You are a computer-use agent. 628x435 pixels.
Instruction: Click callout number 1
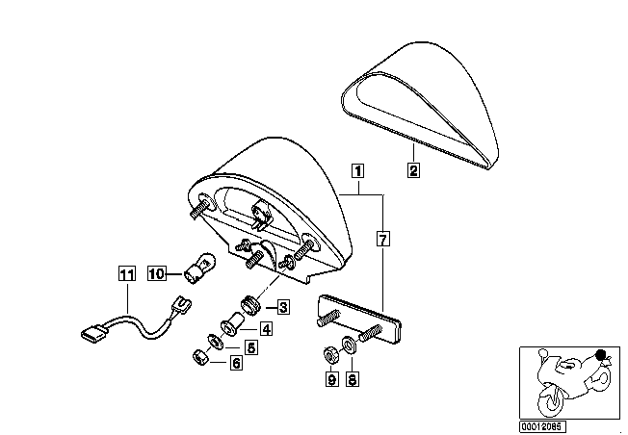tap(357, 170)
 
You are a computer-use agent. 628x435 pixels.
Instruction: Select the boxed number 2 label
tap(414, 170)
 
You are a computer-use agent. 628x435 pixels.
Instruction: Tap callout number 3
tap(283, 307)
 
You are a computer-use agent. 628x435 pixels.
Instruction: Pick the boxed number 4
tap(267, 329)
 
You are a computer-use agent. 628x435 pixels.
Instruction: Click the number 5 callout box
tap(250, 347)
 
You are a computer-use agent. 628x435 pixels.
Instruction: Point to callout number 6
tap(236, 363)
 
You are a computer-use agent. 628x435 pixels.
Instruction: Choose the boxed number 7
tap(383, 240)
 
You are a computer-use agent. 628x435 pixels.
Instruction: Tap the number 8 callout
tap(353, 379)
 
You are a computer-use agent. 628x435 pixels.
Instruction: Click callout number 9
tap(331, 379)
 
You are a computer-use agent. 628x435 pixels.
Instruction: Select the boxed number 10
tap(157, 273)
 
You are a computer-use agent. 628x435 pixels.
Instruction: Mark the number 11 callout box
tap(127, 274)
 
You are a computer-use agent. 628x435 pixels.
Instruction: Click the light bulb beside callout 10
tap(199, 268)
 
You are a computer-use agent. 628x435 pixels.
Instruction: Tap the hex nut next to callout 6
tap(199, 357)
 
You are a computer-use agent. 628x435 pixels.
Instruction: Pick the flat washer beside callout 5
tap(216, 342)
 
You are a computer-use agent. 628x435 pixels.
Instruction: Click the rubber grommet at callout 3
tap(251, 304)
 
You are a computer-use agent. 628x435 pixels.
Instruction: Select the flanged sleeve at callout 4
tap(233, 324)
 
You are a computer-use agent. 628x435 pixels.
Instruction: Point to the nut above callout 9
tap(330, 354)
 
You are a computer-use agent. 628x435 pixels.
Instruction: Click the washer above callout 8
tap(349, 345)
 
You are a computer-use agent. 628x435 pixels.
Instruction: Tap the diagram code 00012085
tap(542, 426)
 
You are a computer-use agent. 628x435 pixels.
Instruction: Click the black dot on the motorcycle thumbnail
tap(600, 354)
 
